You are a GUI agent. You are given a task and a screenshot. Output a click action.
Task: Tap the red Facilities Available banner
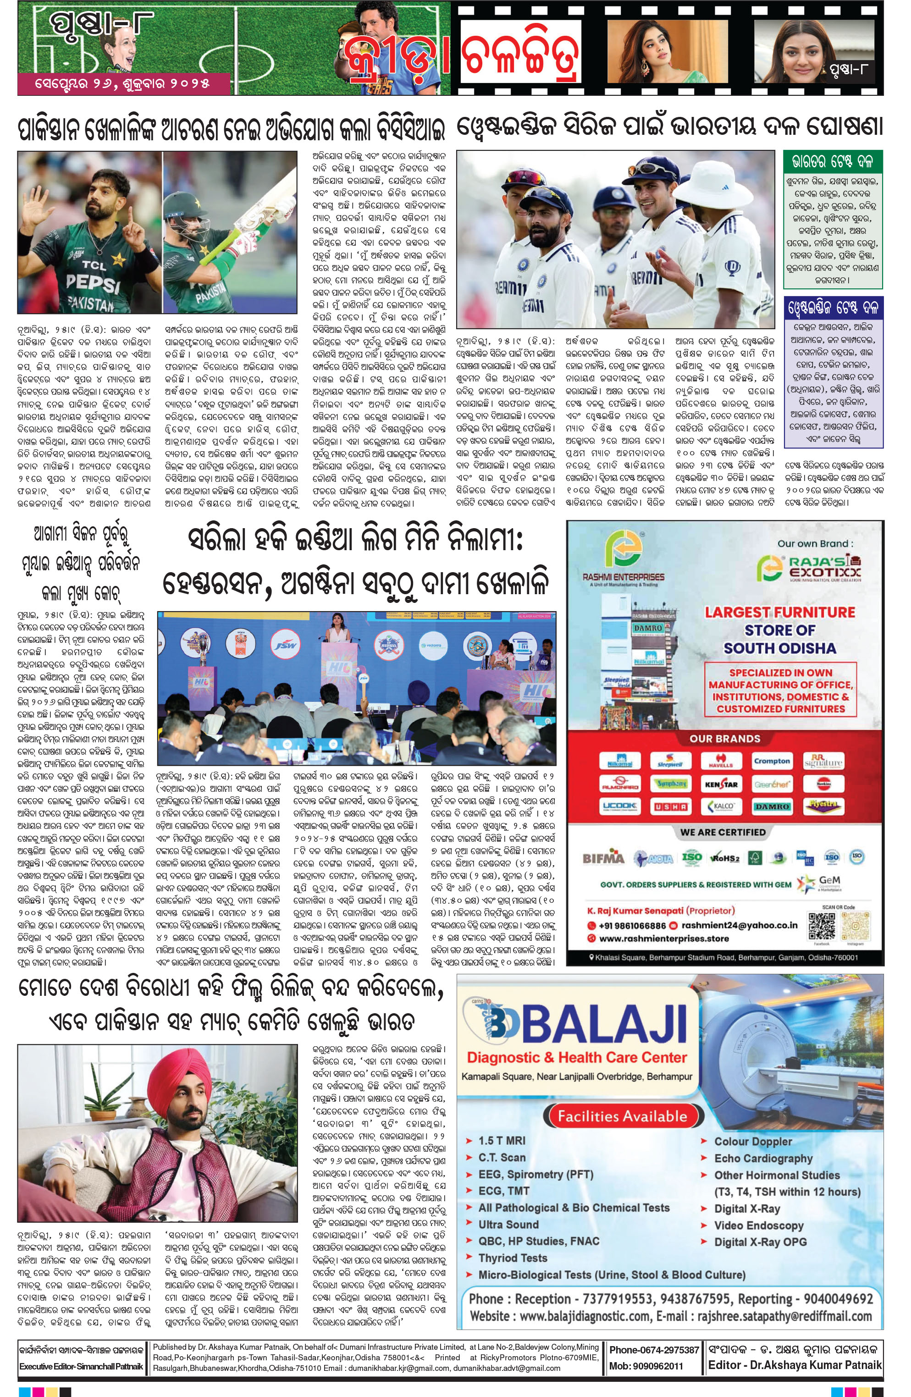click(622, 1116)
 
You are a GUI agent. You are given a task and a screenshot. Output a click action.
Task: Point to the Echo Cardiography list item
click(762, 1158)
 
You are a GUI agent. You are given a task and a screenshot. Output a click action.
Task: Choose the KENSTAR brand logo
click(720, 784)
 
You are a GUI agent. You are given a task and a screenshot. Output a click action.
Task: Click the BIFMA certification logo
click(603, 858)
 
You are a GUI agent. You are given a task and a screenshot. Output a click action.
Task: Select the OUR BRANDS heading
click(724, 739)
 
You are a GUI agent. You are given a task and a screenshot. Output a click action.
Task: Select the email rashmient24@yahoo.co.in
click(739, 926)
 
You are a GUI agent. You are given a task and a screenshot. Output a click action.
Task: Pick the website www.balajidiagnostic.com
click(584, 1316)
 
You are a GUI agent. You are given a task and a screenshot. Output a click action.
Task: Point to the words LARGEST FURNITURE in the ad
click(779, 612)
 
